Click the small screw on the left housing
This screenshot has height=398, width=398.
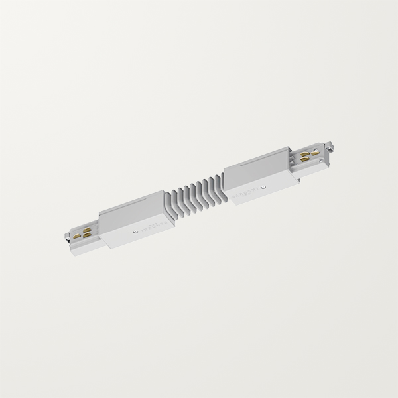[x=135, y=232]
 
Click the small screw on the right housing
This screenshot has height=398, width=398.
[x=263, y=188]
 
